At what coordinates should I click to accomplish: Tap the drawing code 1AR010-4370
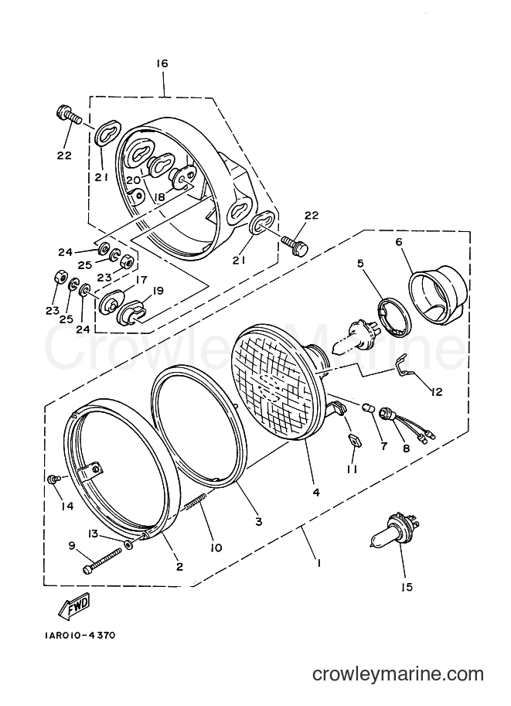(80, 636)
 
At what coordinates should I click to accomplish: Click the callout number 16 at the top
(162, 63)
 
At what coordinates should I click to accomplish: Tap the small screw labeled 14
(53, 479)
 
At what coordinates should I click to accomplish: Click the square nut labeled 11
(352, 440)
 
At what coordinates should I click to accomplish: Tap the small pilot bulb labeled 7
(367, 408)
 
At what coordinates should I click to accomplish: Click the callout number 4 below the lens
(316, 492)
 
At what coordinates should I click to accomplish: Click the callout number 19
(158, 290)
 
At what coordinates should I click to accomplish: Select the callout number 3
(258, 521)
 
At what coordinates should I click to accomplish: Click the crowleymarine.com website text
(398, 674)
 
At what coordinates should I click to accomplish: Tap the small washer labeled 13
(130, 545)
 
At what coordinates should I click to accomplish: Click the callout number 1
(319, 563)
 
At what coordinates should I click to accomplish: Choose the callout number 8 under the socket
(406, 448)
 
